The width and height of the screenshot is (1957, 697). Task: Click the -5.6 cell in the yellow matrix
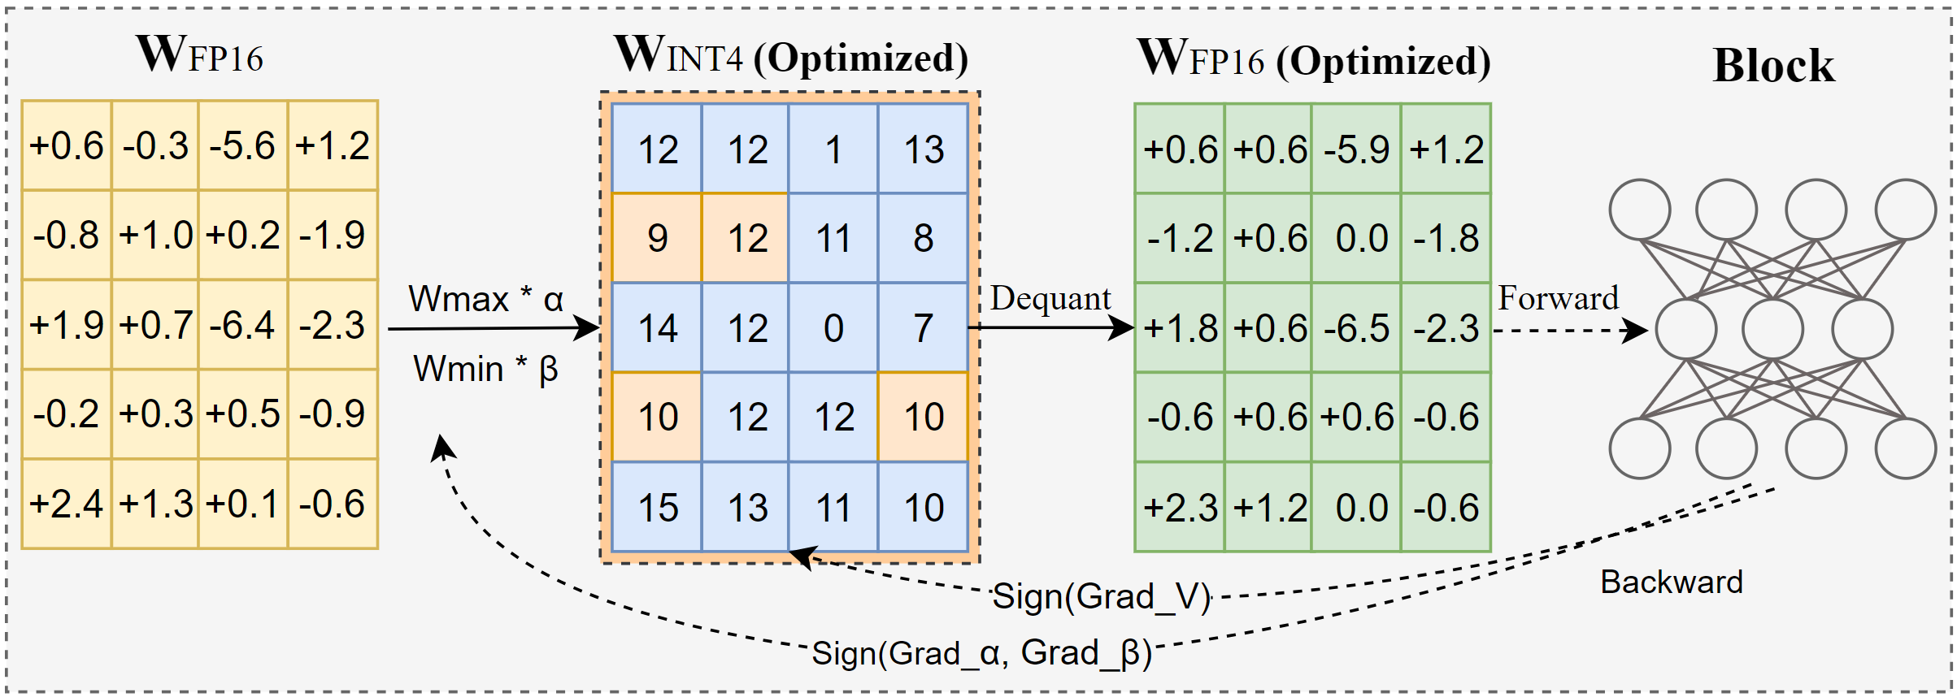(x=242, y=146)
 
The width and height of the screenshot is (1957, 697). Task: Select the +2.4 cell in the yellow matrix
(x=66, y=504)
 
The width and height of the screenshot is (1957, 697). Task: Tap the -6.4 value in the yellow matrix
(x=242, y=325)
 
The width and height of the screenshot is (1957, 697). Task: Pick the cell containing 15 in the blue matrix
(x=657, y=508)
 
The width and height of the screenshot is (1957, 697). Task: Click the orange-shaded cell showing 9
(x=657, y=238)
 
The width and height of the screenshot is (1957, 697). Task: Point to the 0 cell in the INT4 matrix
(x=833, y=328)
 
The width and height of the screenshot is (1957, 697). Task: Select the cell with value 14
(x=657, y=328)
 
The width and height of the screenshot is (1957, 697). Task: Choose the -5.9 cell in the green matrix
(x=1356, y=149)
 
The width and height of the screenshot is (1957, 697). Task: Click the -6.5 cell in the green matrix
(x=1356, y=328)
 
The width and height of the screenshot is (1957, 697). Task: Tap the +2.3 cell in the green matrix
(x=1180, y=508)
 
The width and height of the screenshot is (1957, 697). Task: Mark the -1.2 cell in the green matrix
(x=1180, y=238)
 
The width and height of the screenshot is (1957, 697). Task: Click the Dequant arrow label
(x=1050, y=299)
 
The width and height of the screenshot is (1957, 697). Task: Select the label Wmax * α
(x=485, y=299)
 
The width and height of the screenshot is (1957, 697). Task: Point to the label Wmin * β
(x=485, y=369)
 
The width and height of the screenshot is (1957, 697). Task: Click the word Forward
(x=1558, y=298)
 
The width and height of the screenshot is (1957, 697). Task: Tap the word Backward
(x=1672, y=582)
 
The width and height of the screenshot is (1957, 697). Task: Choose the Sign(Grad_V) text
(x=1102, y=596)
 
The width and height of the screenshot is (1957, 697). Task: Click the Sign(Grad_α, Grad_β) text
(x=982, y=652)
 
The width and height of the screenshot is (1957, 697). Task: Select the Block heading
(x=1773, y=65)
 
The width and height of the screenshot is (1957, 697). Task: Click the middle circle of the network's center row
(x=1772, y=329)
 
